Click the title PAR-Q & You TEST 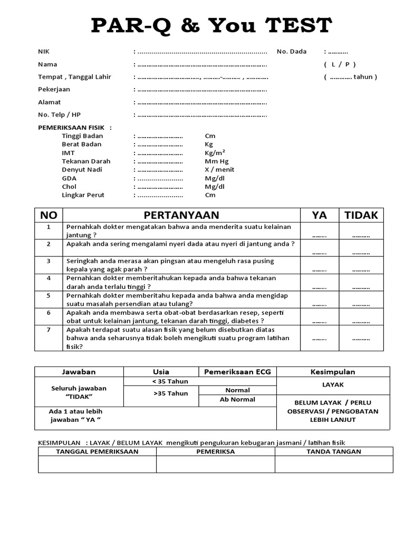(211, 25)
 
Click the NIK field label (43, 52)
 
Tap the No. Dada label (291, 52)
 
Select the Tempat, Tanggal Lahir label (74, 77)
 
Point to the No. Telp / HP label (59, 115)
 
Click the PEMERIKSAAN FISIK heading (74, 128)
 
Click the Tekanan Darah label (86, 161)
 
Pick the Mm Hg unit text (217, 161)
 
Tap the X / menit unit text (219, 170)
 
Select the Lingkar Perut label (83, 195)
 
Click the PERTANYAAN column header (181, 215)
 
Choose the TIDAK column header (361, 215)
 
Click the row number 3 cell (49, 261)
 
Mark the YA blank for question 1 (319, 236)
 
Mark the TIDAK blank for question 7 (361, 339)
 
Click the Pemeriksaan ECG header (238, 372)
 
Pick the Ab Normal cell (237, 400)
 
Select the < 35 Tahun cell (170, 381)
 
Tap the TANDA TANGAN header (334, 451)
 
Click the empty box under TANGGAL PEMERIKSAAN (97, 464)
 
